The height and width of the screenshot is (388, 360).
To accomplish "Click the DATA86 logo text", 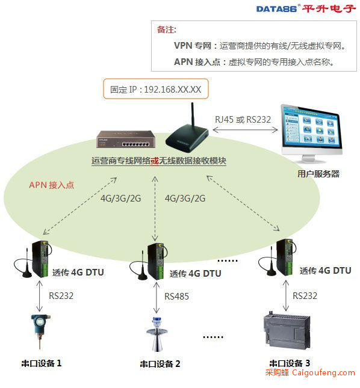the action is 276,9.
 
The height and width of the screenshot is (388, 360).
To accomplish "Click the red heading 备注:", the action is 167,29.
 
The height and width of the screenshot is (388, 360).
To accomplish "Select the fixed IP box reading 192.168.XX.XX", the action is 156,89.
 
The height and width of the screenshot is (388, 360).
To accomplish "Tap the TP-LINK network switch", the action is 126,139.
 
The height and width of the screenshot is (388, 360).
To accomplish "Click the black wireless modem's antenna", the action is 193,115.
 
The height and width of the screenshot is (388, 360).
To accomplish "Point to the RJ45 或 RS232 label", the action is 243,120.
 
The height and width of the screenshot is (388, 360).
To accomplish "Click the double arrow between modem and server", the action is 245,129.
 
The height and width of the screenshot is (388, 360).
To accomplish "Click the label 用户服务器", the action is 318,174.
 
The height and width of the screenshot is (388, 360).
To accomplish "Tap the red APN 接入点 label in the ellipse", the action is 52,185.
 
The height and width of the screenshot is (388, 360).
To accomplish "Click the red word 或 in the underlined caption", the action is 155,161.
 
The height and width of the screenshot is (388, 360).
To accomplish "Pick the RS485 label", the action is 177,296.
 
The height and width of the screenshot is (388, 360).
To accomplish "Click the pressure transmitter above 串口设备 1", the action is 40,331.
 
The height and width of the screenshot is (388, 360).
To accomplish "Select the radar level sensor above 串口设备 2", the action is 157,334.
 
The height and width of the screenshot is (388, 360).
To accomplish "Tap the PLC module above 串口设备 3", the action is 287,330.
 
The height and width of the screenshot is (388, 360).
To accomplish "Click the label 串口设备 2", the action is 160,364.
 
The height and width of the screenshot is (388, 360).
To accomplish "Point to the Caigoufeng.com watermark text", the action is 323,372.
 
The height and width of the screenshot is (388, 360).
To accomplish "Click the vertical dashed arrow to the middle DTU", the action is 155,209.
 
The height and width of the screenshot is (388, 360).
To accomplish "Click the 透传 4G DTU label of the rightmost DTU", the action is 325,271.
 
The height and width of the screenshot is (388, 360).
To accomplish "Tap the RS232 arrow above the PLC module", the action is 286,295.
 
